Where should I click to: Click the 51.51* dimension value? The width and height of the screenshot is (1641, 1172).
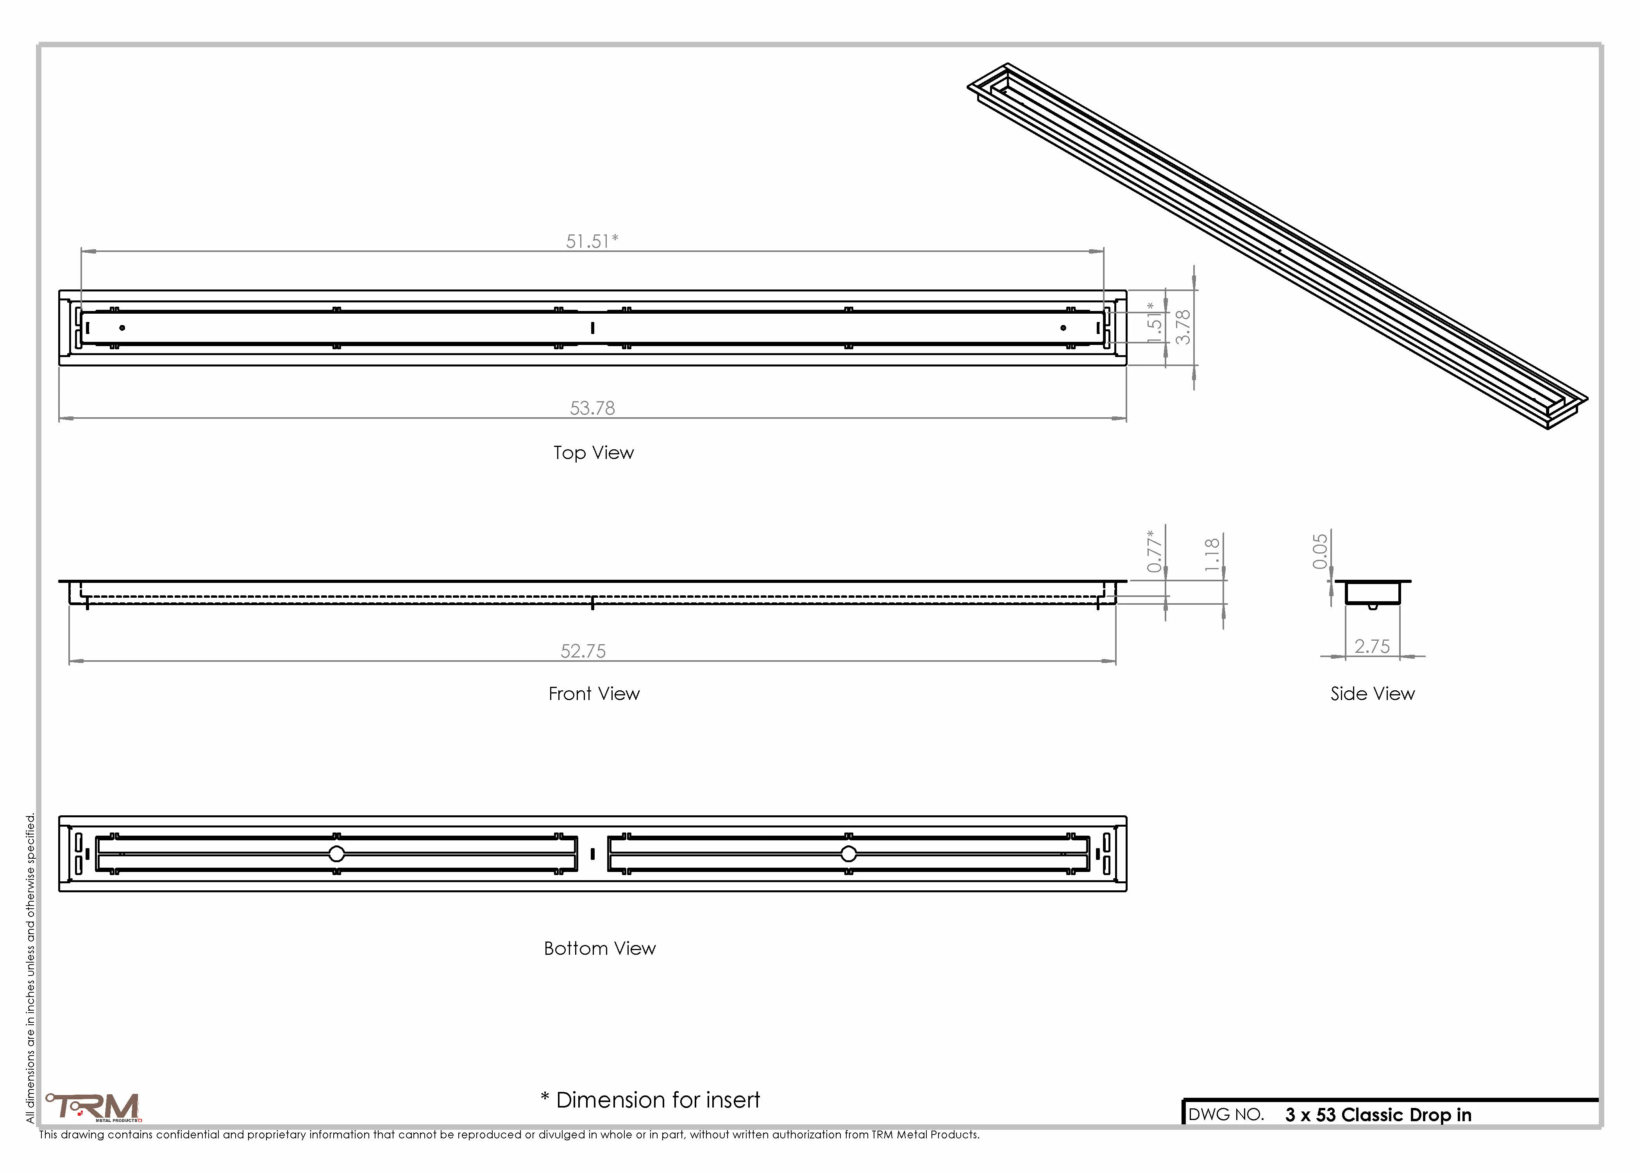point(592,241)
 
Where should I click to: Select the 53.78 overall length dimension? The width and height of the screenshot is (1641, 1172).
point(592,409)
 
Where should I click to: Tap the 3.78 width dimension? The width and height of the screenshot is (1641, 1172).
point(1183,327)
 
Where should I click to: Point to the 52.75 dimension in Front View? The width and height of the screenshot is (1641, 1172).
point(583,651)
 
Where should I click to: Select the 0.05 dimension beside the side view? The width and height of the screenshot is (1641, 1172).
point(1320,551)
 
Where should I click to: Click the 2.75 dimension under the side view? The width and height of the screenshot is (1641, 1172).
point(1372,647)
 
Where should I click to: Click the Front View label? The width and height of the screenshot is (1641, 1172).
point(594,693)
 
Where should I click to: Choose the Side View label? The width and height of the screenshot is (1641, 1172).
point(1373,693)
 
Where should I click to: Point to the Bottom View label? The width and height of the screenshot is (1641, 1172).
point(600,948)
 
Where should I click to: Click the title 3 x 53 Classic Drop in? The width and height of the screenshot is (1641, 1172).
point(1378,1115)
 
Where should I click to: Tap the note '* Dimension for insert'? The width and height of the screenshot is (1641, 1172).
point(650,1100)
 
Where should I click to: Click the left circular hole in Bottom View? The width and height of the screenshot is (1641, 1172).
point(336,854)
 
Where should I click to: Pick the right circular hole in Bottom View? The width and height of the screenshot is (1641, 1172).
point(849,854)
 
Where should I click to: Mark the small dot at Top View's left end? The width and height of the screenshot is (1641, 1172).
point(122,328)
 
